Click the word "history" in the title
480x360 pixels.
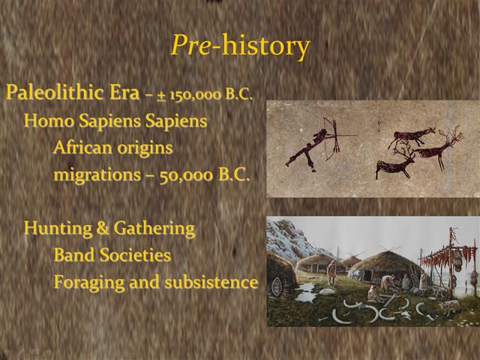point(262,46)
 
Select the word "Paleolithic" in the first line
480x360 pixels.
point(48,94)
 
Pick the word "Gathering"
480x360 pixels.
point(153,228)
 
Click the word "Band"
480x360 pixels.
point(74,256)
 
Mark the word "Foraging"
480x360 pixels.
point(88,283)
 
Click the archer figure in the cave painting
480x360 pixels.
point(311,146)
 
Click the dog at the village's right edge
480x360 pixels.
point(449,306)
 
